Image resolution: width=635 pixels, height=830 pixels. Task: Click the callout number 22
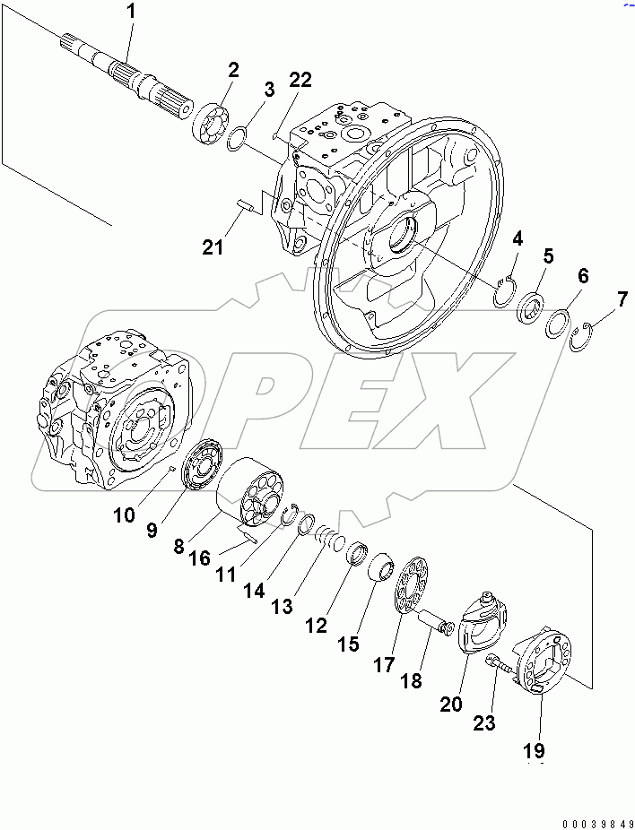[x=300, y=81]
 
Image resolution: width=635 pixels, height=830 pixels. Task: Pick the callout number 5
[x=548, y=257]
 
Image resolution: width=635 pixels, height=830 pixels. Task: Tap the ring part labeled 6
[x=559, y=323]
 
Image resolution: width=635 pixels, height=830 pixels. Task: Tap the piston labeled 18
[x=443, y=625]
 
